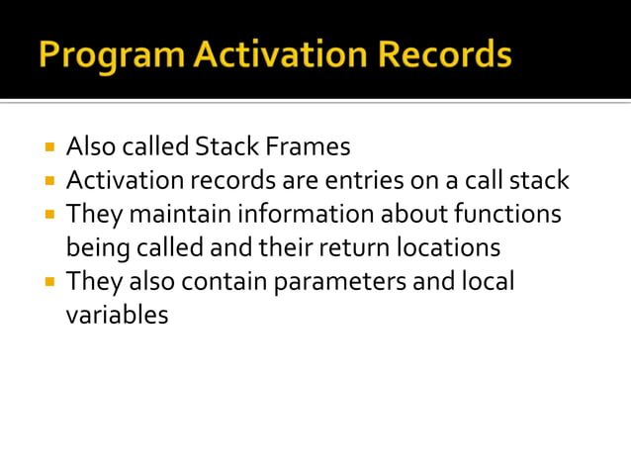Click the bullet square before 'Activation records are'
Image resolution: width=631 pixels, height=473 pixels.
(x=48, y=181)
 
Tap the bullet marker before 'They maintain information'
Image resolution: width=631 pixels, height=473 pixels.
(x=48, y=214)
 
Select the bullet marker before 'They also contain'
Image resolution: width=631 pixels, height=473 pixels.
(x=48, y=282)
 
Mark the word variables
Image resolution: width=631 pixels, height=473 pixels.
(x=117, y=315)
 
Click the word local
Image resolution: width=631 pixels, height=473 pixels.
(x=488, y=281)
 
